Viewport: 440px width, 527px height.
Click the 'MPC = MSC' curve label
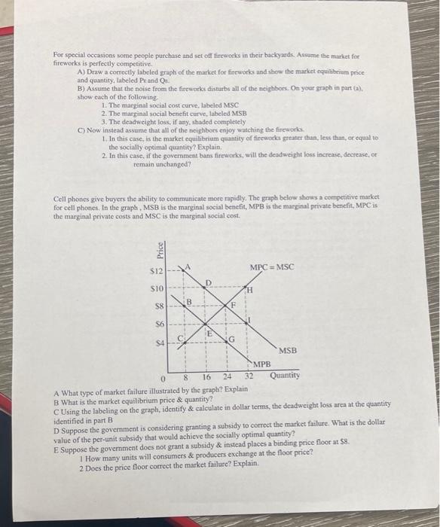pos(272,267)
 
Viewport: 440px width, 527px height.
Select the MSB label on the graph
pos(288,351)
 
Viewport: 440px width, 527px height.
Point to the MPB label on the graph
pos(261,364)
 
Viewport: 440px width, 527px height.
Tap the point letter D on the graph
pos(208,283)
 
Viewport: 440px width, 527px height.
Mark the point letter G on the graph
pos(234,340)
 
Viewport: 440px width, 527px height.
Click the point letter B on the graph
pos(191,301)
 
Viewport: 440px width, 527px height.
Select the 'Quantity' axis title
pos(284,375)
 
